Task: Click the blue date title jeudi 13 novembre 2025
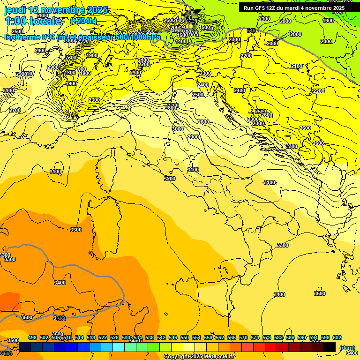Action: pos(56,10)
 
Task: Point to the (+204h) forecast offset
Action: pos(83,21)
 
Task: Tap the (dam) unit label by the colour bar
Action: pos(347,347)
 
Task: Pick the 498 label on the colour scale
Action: pos(32,338)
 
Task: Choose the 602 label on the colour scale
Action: pos(337,338)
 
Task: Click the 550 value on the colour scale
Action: pos(185,338)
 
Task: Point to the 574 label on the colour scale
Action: pos(255,338)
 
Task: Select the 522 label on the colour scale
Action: pos(103,338)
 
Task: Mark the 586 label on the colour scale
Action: pos(290,338)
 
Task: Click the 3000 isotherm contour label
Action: pos(178,129)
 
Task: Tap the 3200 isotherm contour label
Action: pos(170,179)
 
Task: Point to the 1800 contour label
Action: pos(70,73)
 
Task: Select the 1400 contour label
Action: pos(181,41)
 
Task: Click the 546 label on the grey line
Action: pos(252,30)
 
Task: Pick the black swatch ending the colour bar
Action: pos(330,347)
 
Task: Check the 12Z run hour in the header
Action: pos(272,8)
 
